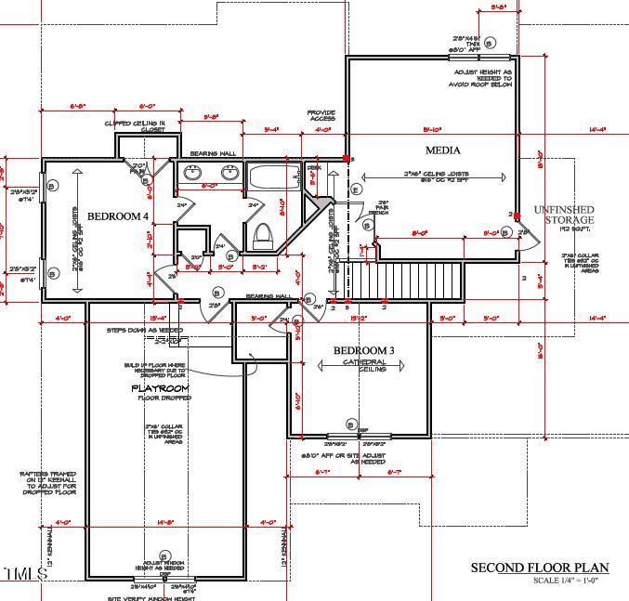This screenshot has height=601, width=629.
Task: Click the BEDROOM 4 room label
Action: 117,216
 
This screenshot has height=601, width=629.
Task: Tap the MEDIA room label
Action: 443,150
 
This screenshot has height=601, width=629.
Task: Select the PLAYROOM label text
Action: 161,388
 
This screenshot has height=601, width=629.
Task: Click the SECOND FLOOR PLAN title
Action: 539,568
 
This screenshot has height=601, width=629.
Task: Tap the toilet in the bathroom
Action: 261,233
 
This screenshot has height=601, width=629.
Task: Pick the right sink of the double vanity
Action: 229,172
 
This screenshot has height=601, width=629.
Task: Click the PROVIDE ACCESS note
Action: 321,116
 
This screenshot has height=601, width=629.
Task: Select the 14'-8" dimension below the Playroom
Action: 164,522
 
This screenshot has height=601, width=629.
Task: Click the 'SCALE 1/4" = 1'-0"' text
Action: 565,581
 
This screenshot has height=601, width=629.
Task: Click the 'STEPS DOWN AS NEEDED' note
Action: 144,330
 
